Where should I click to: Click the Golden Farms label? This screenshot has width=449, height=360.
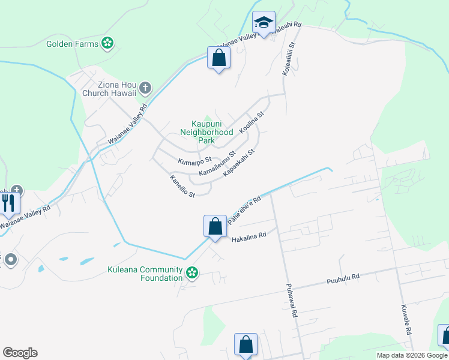[72, 44]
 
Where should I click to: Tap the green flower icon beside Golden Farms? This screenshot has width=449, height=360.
[107, 43]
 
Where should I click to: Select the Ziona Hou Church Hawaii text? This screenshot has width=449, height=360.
[109, 89]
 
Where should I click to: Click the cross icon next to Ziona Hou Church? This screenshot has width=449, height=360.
[145, 89]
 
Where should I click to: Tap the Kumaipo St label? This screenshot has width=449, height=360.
[194, 160]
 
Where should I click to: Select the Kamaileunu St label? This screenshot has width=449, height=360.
[217, 164]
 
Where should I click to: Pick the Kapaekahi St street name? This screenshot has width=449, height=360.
[239, 163]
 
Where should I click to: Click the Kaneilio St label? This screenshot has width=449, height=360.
[182, 187]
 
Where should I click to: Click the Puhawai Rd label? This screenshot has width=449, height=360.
[292, 300]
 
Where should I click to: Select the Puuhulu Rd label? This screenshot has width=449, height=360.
[343, 278]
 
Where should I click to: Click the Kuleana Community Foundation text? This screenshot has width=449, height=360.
[145, 274]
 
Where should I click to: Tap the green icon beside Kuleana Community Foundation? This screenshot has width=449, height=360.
[192, 274]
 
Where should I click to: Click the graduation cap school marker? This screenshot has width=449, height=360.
[263, 24]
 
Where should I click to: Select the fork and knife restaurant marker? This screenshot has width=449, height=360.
[8, 203]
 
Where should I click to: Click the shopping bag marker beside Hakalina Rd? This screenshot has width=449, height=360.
[215, 227]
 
